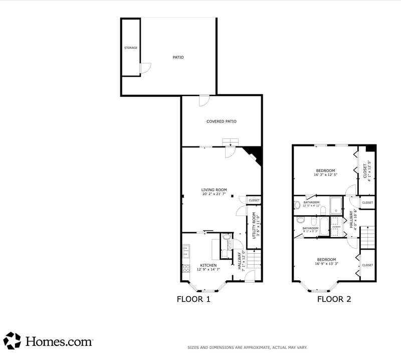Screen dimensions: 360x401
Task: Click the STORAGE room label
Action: tap(131, 48)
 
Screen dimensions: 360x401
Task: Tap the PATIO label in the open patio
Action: tap(178, 57)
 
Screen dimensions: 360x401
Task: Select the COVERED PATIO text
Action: tap(221, 121)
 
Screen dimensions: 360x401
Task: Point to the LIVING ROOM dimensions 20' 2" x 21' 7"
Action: tap(214, 194)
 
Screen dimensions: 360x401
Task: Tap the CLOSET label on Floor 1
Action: tap(254, 201)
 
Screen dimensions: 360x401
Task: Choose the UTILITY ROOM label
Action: tap(254, 225)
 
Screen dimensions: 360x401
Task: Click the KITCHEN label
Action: tap(209, 265)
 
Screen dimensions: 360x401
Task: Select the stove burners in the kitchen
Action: tap(186, 268)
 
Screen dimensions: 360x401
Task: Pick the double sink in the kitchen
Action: tap(185, 250)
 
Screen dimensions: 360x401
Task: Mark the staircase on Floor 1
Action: tap(255, 259)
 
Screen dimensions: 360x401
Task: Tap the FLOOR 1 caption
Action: tap(193, 299)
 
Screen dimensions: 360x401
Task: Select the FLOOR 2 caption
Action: tap(334, 299)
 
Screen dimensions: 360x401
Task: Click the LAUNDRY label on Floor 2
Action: tap(336, 227)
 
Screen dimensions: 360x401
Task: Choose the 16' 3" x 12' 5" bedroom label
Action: tap(325, 172)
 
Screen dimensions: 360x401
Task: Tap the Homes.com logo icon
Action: tap(12, 340)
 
